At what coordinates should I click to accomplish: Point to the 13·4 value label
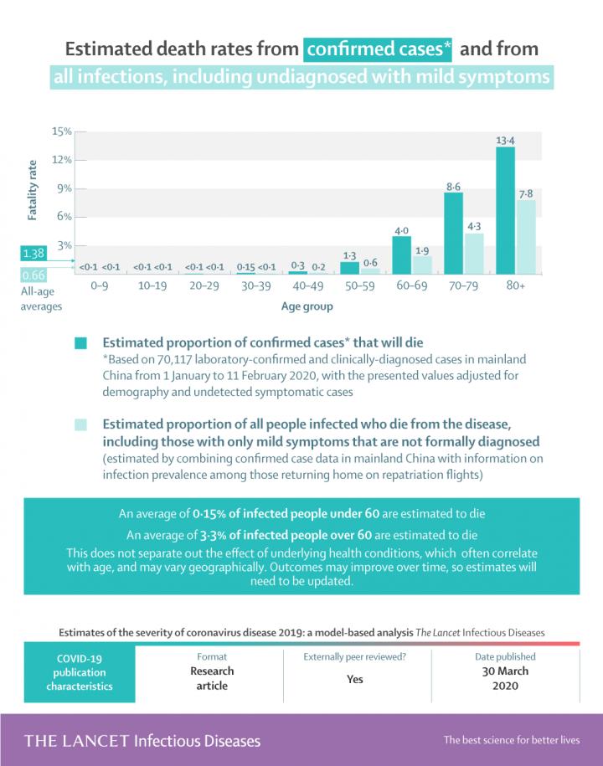(x=505, y=141)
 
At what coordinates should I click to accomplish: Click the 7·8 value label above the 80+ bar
(x=526, y=193)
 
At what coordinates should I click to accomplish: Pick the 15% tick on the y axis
(x=62, y=131)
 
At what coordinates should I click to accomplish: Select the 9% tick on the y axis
(x=64, y=188)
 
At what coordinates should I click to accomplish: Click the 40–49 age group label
(x=307, y=286)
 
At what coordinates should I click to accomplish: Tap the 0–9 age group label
(x=100, y=286)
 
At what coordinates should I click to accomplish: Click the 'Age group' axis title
(x=307, y=306)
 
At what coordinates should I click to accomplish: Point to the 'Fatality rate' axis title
(x=33, y=193)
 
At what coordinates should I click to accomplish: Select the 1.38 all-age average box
(x=34, y=253)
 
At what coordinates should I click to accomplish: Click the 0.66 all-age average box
(x=34, y=275)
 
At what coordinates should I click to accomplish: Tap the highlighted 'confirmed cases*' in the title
(x=379, y=49)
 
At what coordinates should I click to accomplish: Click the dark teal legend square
(x=81, y=343)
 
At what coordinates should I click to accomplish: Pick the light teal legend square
(x=81, y=425)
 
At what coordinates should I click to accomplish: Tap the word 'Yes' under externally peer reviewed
(x=355, y=679)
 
